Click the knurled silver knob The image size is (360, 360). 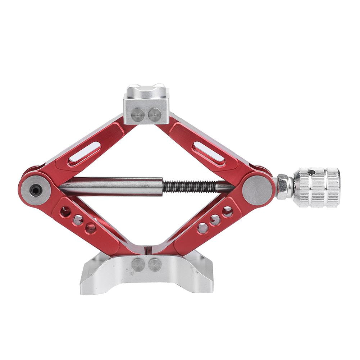316,187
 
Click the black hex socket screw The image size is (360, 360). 35,190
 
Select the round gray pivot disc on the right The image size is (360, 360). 257,190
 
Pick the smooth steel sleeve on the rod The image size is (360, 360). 111,186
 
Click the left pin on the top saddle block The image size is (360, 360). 138,115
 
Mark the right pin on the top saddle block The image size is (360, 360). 155,115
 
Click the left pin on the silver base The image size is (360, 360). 138,265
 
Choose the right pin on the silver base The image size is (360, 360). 155,265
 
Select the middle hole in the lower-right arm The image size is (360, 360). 215,220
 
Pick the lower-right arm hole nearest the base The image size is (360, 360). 203,228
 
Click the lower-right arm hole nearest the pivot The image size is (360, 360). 227,211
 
